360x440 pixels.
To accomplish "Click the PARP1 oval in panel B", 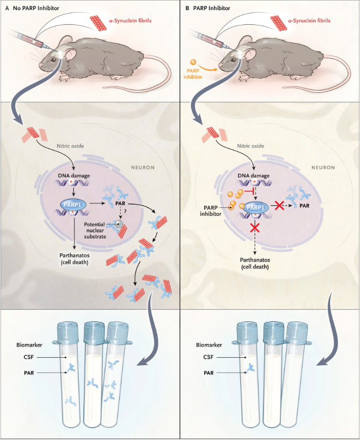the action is coord(255,208).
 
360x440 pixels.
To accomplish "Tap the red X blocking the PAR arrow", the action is coord(279,206).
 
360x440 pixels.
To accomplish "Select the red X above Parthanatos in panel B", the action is coord(255,227).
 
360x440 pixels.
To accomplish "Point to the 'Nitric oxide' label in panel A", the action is coord(70,146).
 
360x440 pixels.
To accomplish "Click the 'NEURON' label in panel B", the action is coord(323,168).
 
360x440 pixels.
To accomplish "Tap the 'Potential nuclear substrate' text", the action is coord(95,231).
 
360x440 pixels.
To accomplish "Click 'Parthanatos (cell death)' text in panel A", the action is coord(74,259).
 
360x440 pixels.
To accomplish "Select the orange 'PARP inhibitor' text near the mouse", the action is coord(193,74).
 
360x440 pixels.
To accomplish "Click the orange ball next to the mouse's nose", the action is coord(193,62).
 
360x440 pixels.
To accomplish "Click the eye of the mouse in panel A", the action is coord(53,60).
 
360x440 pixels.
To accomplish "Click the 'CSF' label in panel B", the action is coord(209,357).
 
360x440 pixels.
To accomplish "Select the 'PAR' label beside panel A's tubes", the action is coord(29,373).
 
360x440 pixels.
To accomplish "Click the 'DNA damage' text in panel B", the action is coord(253,176).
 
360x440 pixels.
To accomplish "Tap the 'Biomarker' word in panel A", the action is coord(29,345).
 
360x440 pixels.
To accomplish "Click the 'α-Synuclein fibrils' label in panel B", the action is coord(309,21).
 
